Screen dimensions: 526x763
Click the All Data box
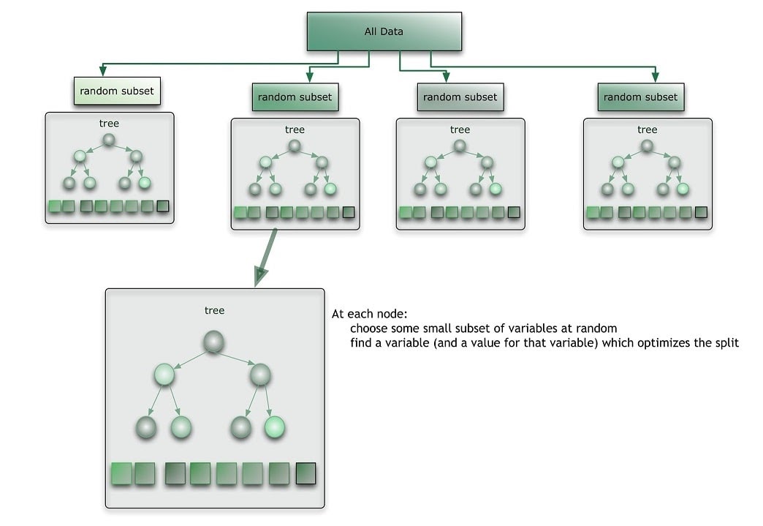[383, 31]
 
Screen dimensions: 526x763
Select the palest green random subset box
[116, 91]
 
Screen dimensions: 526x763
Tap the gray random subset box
[460, 97]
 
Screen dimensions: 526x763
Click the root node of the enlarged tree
[213, 342]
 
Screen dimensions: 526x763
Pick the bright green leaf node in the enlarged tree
[273, 427]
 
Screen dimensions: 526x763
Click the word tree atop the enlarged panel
[214, 311]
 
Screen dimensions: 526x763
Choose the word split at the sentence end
[727, 342]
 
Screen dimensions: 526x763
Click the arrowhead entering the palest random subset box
[103, 72]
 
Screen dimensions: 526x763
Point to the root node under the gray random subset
[460, 146]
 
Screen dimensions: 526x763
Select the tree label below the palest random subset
[109, 124]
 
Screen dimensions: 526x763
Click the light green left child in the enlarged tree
[165, 375]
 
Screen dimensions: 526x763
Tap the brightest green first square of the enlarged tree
[121, 474]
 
